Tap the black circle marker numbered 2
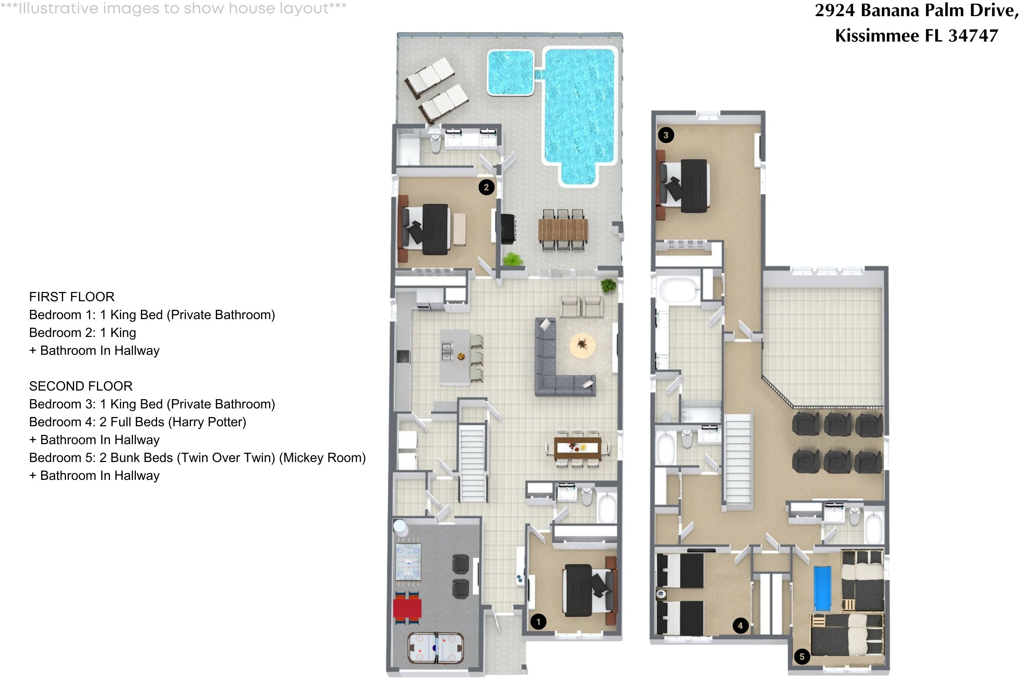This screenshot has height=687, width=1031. tap(486, 188)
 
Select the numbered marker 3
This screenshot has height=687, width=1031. tap(666, 135)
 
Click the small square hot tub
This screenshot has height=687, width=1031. tap(510, 73)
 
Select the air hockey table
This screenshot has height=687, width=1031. tap(436, 647)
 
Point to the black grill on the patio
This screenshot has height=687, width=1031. tap(509, 228)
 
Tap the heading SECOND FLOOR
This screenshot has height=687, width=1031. tap(81, 386)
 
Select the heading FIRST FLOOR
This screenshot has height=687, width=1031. tap(71, 297)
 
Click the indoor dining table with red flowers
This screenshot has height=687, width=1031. tap(577, 448)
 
